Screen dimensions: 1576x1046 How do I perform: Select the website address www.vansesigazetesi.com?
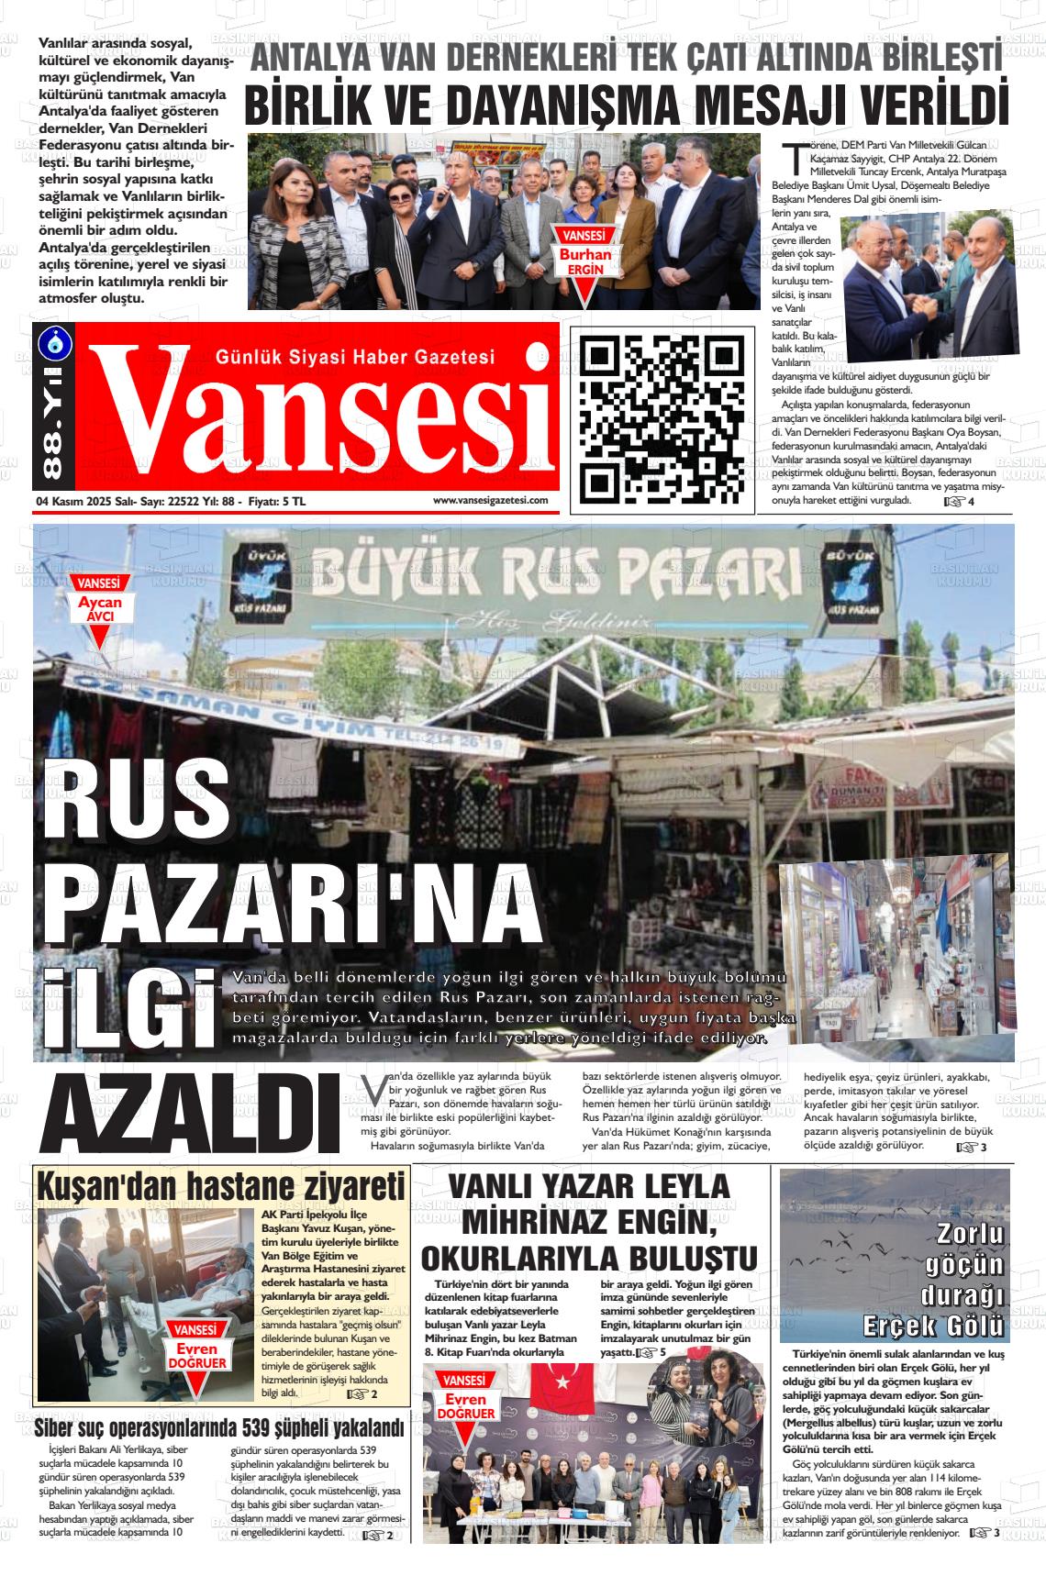490,500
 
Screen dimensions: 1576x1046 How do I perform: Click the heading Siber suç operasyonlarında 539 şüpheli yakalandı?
219,1429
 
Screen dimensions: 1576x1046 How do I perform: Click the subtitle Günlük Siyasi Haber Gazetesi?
354,355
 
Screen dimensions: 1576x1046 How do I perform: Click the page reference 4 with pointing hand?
959,501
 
